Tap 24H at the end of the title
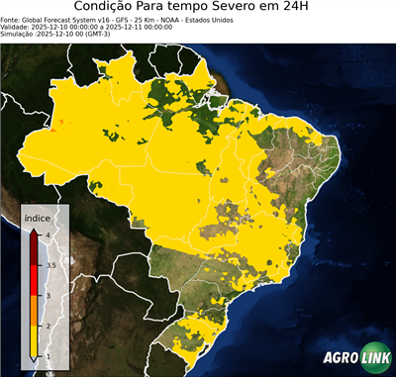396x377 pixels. [304, 8]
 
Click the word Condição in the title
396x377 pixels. [109, 8]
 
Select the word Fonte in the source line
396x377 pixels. [13, 19]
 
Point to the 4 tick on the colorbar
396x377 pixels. [48, 234]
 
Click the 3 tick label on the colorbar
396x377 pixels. [48, 295]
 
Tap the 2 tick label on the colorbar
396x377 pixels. [48, 326]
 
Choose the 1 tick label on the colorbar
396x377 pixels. [48, 356]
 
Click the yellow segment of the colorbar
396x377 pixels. [35, 341]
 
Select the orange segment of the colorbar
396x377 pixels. [35, 311]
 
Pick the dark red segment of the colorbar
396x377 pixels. [35, 247]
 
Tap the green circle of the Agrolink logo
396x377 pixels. [376, 358]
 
